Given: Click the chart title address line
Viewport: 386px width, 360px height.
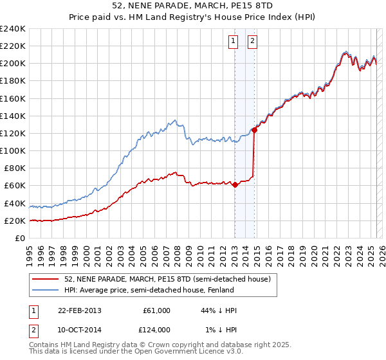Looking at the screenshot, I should click(192, 7).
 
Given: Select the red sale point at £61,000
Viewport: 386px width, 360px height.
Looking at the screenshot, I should click(235, 185).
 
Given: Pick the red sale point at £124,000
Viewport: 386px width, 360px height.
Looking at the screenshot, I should click(255, 130).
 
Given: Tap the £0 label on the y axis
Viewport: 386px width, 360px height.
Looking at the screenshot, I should click(20, 238).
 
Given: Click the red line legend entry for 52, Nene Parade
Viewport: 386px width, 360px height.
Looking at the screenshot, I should click(170, 280).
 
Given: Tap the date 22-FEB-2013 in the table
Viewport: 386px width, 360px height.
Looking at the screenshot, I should click(79, 310).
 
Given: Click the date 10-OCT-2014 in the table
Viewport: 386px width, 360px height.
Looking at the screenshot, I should click(79, 330).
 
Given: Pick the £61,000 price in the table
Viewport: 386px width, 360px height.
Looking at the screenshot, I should click(156, 310).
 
